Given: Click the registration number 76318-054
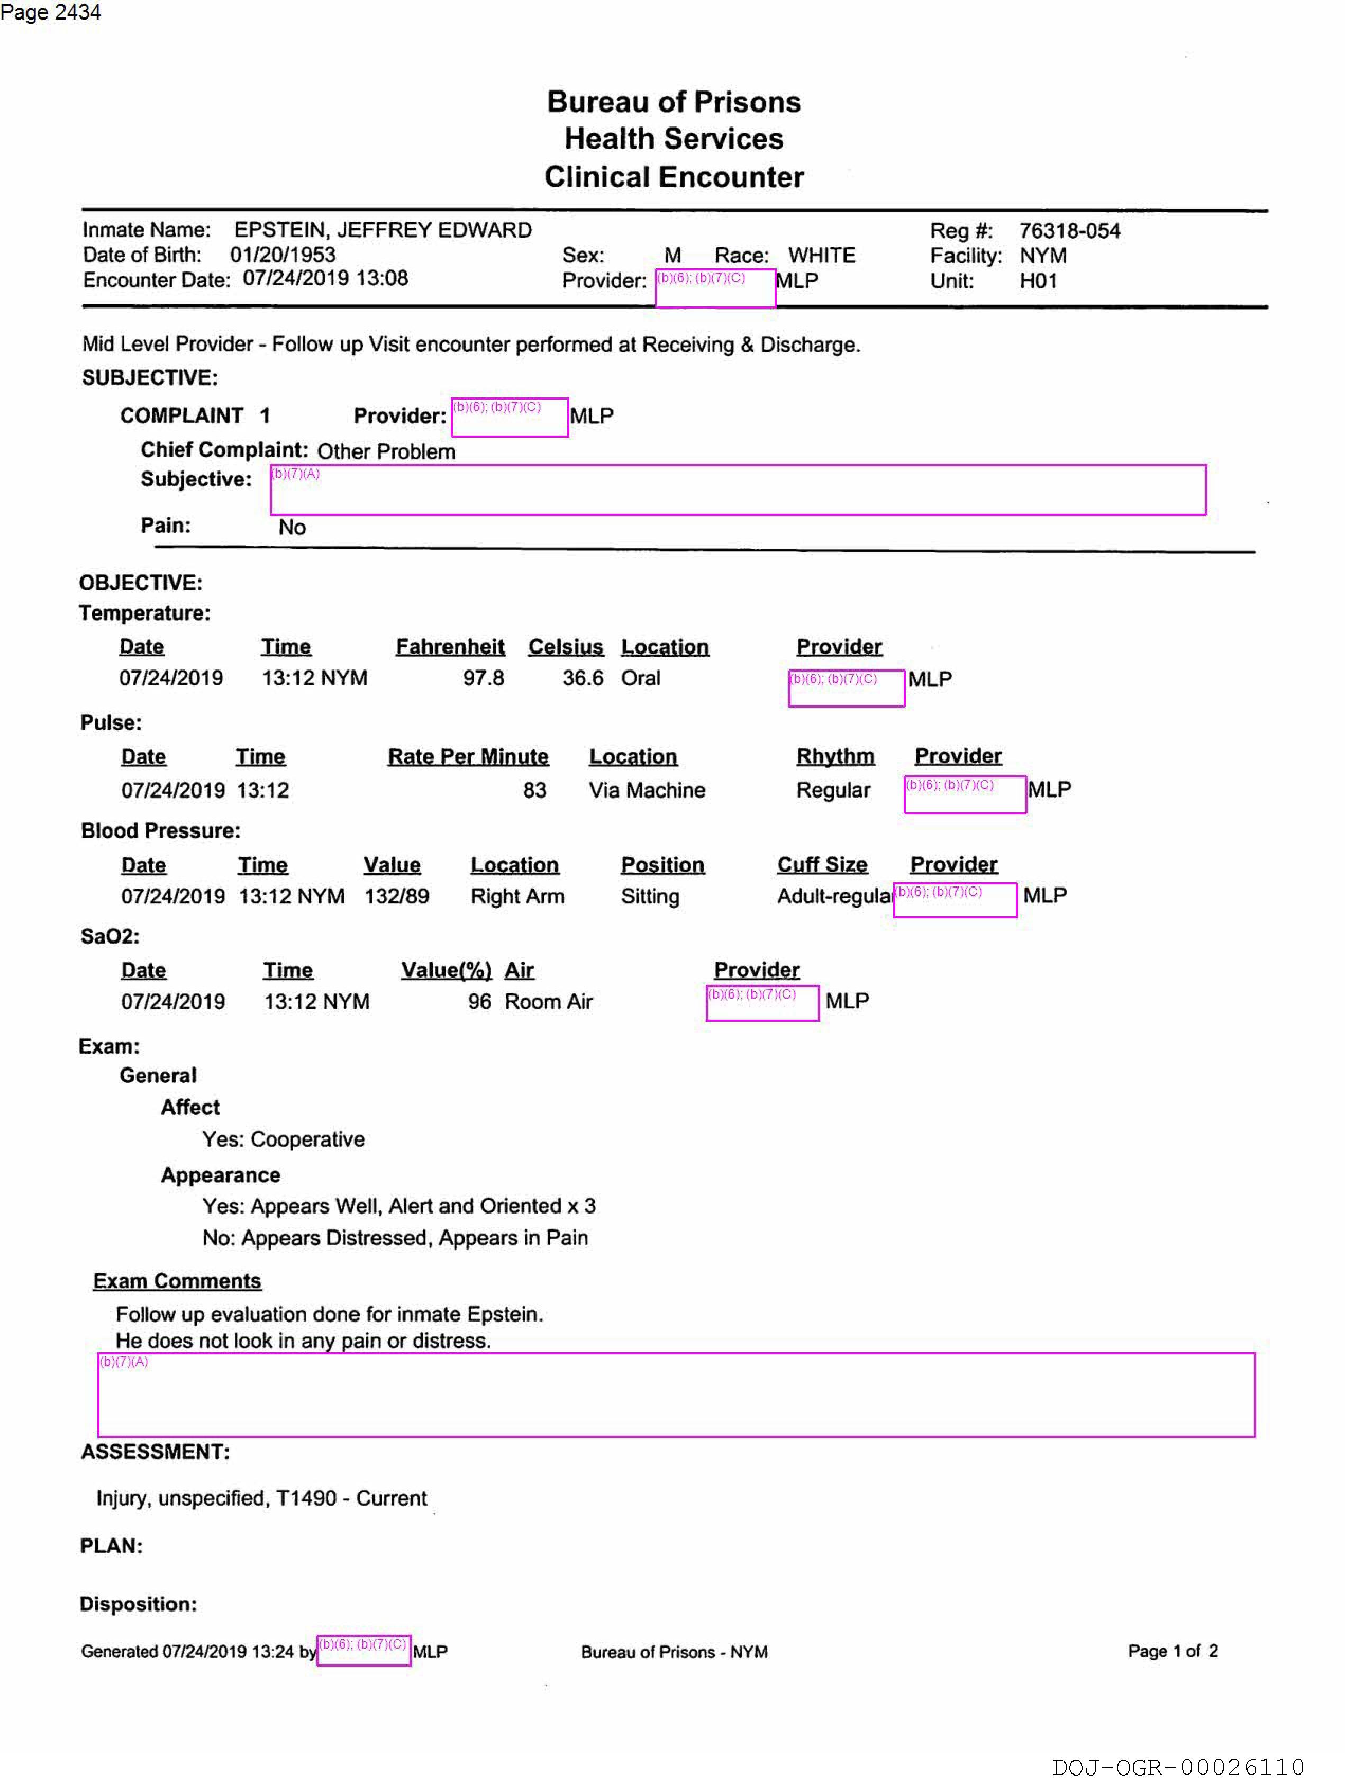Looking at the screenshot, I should [1069, 231].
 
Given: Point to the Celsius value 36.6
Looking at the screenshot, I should [583, 678].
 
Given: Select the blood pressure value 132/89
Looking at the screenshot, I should [396, 897].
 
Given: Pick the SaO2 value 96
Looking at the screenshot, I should [479, 1001].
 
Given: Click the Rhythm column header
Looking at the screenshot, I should [835, 756].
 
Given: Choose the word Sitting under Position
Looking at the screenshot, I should [650, 897].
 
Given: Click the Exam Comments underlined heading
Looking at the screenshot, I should [177, 1281].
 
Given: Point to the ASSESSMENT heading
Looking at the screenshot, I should [155, 1452].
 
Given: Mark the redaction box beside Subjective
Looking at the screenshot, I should [738, 489].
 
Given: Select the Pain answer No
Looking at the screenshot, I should [292, 527].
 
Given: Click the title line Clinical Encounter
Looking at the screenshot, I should [674, 177].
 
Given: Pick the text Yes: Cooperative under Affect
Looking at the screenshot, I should [283, 1139].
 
